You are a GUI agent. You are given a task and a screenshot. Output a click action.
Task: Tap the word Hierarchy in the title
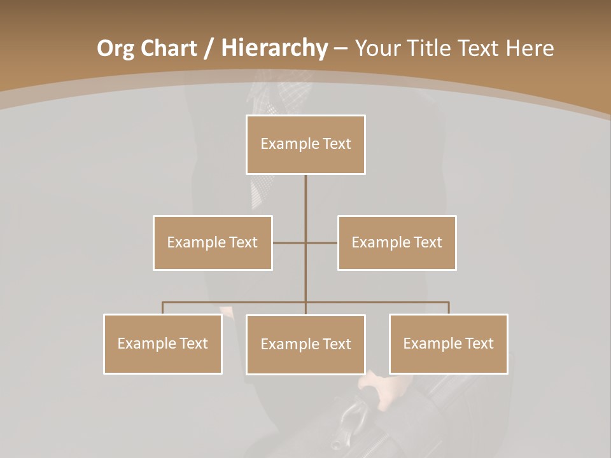pos(274,48)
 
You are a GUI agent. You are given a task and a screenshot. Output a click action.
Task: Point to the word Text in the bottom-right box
pos(479,343)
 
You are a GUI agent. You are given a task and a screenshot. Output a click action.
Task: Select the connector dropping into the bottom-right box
pos(449,308)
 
